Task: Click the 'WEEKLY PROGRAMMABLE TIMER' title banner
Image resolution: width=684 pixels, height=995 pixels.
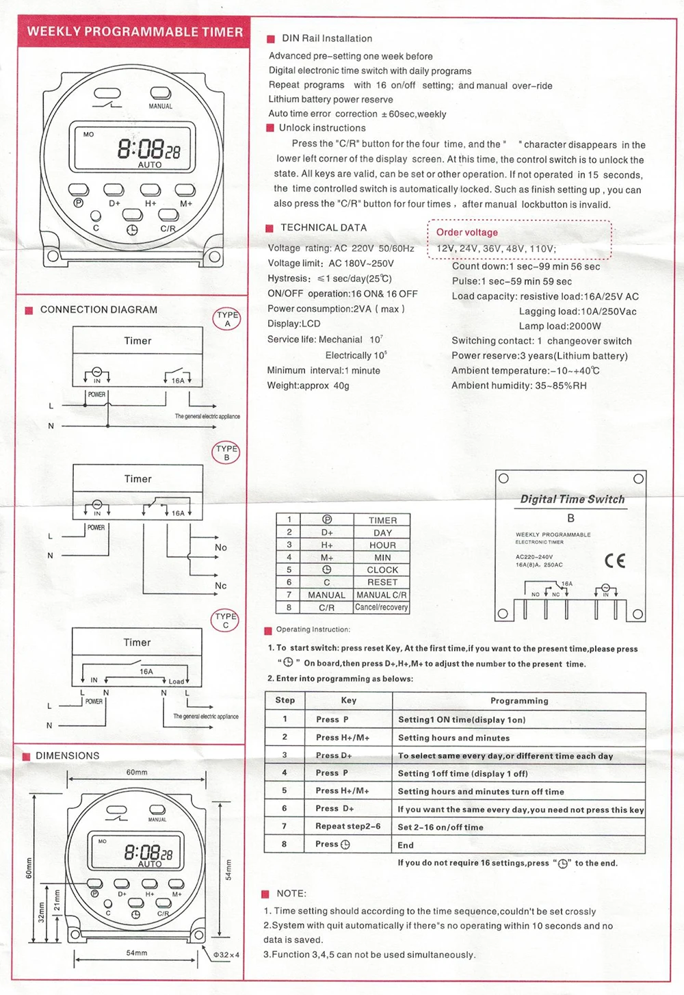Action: click(135, 31)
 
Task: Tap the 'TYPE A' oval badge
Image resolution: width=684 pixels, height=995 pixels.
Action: click(227, 319)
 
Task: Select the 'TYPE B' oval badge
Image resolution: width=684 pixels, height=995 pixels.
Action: click(226, 453)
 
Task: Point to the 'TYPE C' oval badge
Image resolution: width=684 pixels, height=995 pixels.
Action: click(226, 620)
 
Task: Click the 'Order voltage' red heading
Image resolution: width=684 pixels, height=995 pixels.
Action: click(467, 232)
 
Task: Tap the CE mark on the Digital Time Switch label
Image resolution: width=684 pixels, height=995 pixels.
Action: click(615, 561)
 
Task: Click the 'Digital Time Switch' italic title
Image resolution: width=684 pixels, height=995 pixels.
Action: click(573, 499)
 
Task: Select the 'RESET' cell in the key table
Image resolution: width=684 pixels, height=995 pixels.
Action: click(382, 582)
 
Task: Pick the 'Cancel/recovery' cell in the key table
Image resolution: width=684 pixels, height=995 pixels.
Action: click(382, 607)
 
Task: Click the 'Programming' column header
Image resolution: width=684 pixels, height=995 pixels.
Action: click(519, 701)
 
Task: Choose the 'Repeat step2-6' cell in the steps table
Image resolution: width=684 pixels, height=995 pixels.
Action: click(347, 826)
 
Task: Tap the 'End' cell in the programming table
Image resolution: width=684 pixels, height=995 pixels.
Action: click(406, 845)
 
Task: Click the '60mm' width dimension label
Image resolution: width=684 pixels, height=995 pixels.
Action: click(137, 772)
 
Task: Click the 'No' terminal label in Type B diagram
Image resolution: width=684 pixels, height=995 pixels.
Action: click(220, 547)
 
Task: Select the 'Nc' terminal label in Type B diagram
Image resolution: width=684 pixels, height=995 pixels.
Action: click(220, 586)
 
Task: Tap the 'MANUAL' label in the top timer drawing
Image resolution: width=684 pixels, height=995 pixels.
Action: click(161, 106)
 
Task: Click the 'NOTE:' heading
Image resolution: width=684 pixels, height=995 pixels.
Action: click(291, 894)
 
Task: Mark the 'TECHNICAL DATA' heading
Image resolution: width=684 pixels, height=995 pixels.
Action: click(324, 228)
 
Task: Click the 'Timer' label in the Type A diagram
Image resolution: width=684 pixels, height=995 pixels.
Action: click(137, 341)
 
